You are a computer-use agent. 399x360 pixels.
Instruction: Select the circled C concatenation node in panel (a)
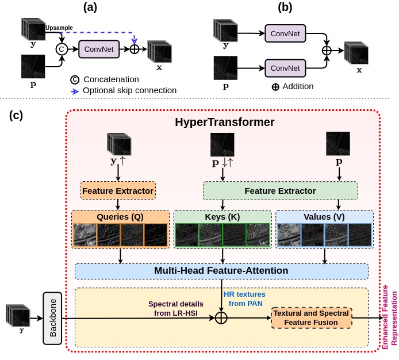pos(62,49)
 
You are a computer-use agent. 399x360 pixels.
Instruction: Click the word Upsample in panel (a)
pos(59,28)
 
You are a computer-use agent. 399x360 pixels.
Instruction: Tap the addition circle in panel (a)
pos(135,49)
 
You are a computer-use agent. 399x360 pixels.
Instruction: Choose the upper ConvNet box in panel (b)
pos(286,34)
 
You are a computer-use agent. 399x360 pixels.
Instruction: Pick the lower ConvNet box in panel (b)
pos(286,68)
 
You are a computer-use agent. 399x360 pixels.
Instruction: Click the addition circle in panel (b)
pos(327,51)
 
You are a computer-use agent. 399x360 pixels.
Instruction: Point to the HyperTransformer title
pos(224,122)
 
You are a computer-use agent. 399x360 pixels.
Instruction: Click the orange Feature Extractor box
pos(118,190)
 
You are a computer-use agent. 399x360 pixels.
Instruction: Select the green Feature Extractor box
pos(281,190)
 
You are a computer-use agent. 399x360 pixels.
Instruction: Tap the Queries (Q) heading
pos(120,217)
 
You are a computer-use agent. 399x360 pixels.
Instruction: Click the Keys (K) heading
pos(222,217)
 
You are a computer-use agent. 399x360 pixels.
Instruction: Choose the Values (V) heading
pos(324,217)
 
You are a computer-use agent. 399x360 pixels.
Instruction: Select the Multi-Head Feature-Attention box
pos(221,271)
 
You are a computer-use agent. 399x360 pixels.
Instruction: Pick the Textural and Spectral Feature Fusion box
pos(311,318)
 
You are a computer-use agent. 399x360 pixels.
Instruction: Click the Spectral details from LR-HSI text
pos(175,308)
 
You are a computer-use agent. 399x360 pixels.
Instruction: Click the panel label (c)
pos(16,115)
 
